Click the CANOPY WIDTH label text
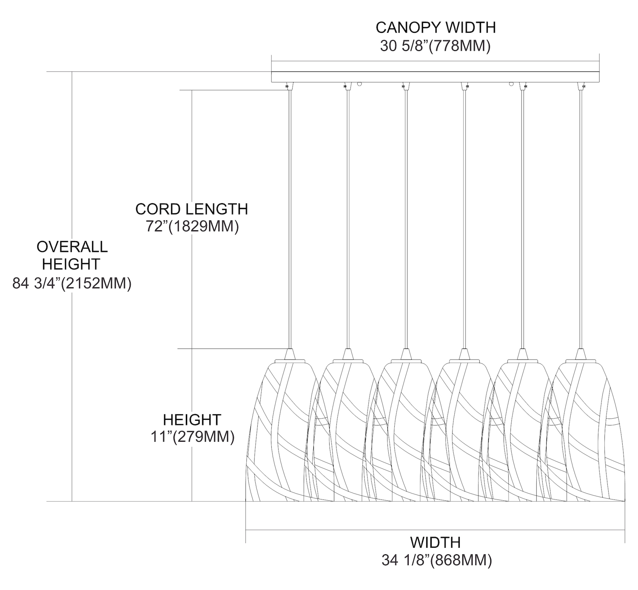(x=436, y=28)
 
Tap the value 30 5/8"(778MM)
(x=436, y=46)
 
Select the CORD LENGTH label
(x=191, y=209)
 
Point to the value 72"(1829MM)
(x=192, y=227)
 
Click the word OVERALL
(x=72, y=247)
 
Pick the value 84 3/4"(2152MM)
(x=72, y=284)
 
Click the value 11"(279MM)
(x=192, y=437)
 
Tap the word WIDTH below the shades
(x=435, y=542)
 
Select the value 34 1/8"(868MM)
(x=436, y=561)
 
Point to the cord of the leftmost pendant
(x=289, y=213)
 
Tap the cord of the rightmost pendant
(x=581, y=213)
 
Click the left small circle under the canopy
(x=359, y=84)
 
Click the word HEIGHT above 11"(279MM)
(x=192, y=420)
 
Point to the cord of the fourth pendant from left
(x=464, y=213)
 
